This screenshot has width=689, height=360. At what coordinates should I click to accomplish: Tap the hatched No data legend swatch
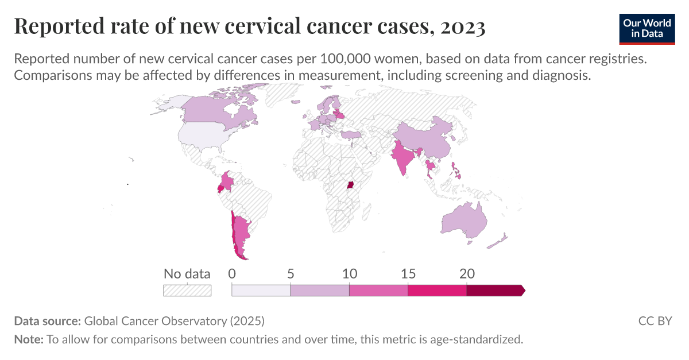187,290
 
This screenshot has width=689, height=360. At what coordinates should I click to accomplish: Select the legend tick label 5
291,274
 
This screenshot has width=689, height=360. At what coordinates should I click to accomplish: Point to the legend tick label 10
349,274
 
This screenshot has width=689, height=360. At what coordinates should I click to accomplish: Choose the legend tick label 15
408,274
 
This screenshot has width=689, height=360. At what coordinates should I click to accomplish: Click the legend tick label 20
467,274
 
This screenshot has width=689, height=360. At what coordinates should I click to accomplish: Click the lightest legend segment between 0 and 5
261,290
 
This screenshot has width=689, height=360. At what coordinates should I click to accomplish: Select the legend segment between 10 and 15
378,290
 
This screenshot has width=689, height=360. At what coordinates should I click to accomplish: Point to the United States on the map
204,136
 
